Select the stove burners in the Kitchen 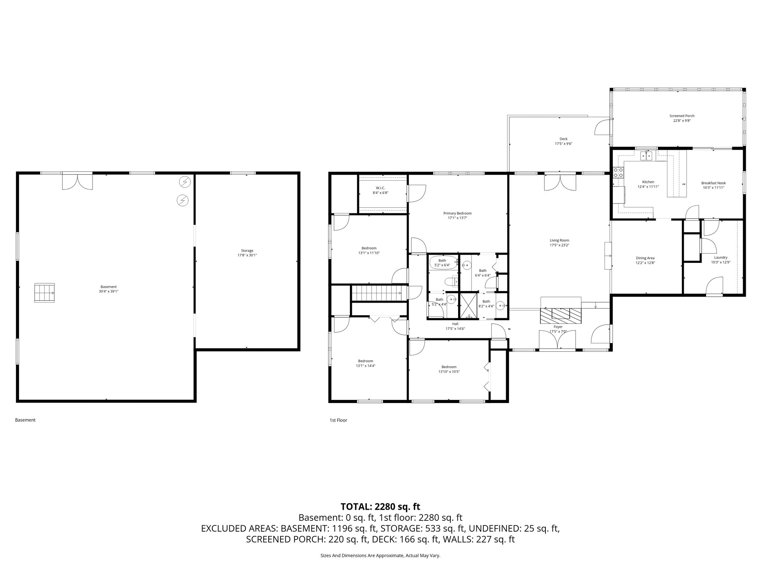tap(618, 172)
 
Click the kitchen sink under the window tap(647, 155)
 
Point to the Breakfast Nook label tap(713, 183)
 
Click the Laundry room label tap(720, 257)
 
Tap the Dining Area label tap(645, 258)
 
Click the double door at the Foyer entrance tap(557, 340)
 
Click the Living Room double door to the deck tap(560, 182)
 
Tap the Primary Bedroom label tap(457, 213)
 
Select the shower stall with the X tap(469, 306)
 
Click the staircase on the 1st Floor tap(377, 293)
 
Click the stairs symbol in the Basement tap(45, 293)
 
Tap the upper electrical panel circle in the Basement tap(184, 182)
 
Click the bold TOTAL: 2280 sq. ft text tap(380, 506)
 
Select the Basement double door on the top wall tap(77, 181)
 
